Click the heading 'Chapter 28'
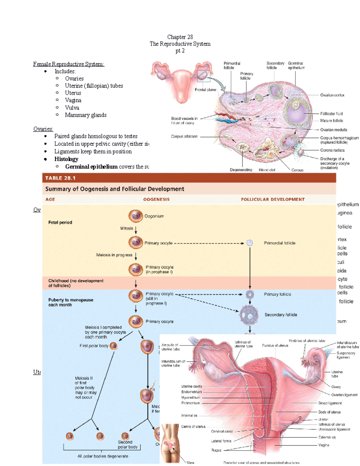[x=180, y=37]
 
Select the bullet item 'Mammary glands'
[x=85, y=115]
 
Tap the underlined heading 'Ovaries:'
[x=43, y=129]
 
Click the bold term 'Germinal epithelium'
[x=91, y=167]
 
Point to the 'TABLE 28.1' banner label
[x=60, y=178]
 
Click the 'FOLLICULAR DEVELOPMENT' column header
[x=273, y=199]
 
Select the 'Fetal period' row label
[x=60, y=222]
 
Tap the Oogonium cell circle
[x=136, y=216]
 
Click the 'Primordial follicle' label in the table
[x=280, y=243]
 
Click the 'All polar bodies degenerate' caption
[x=103, y=456]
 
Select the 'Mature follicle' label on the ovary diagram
[x=331, y=121]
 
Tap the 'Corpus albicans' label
[x=184, y=137]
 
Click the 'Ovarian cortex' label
[x=332, y=95]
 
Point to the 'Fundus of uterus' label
[x=275, y=345]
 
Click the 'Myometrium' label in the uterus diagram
[x=190, y=397]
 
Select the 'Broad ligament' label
[x=330, y=403]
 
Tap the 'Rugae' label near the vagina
[x=216, y=450]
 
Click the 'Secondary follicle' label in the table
[x=281, y=315]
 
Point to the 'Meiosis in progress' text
[x=114, y=255]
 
